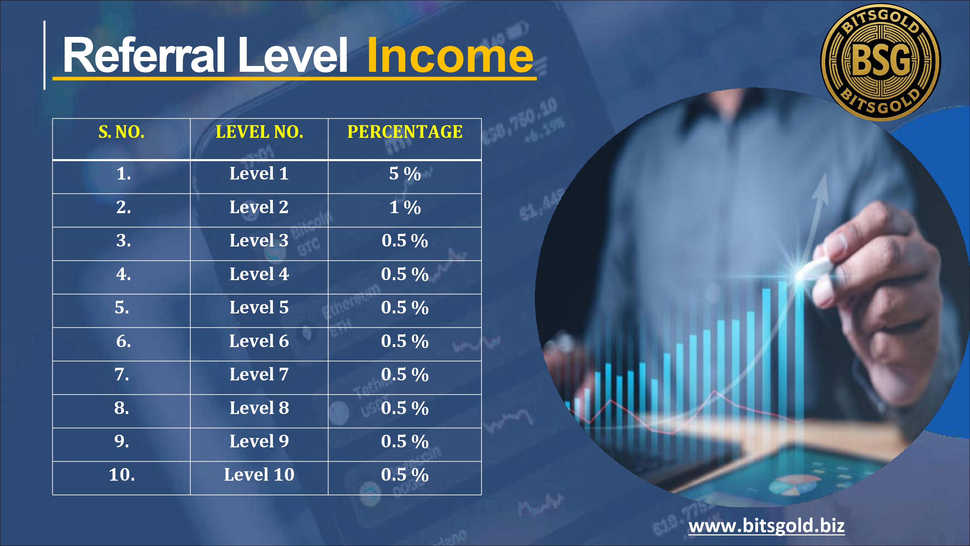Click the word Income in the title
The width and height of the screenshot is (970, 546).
point(450,55)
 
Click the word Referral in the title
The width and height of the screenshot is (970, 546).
point(144,55)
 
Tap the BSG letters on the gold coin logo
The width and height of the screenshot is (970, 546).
point(881,60)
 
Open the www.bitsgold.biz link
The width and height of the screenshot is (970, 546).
point(766,525)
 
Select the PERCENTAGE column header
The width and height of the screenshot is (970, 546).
point(405,132)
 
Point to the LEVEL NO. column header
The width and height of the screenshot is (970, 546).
point(259,132)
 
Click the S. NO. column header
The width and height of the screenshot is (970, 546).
point(122,132)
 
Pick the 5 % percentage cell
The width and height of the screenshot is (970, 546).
point(405,174)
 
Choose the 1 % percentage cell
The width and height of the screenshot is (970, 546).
point(405,207)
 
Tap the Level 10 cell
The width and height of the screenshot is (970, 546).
point(259,475)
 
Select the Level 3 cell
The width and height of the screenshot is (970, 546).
point(259,240)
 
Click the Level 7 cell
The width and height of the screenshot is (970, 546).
point(259,374)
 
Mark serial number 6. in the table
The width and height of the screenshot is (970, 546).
point(124,341)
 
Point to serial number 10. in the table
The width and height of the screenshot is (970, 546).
point(122,475)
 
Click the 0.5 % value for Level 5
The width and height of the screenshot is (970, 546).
point(405,308)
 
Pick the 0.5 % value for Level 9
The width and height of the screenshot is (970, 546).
point(405,441)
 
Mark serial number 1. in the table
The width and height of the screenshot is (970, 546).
point(124,174)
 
